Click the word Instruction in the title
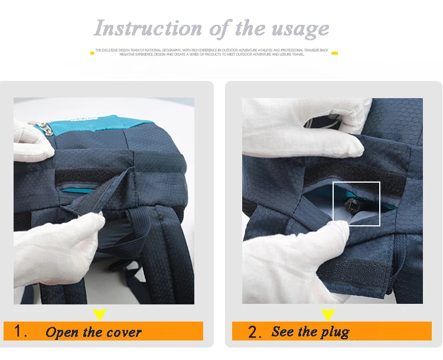[140, 28]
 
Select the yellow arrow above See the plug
[328, 314]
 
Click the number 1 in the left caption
[20, 331]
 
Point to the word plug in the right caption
[335, 332]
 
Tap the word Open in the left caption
[61, 332]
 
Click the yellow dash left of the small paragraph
[92, 53]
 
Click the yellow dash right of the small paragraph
[334, 53]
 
